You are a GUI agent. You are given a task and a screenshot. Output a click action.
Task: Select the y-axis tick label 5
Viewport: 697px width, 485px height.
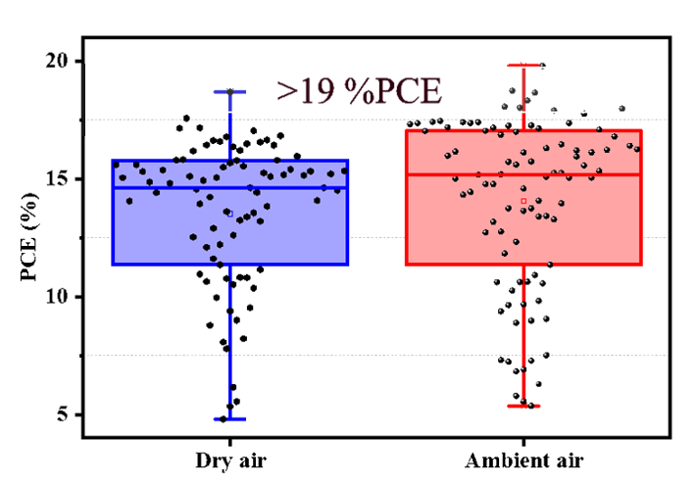click(x=61, y=414)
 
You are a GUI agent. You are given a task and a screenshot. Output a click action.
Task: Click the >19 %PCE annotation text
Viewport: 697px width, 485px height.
click(x=359, y=90)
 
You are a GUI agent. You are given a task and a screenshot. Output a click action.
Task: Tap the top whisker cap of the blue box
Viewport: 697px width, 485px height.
click(x=230, y=92)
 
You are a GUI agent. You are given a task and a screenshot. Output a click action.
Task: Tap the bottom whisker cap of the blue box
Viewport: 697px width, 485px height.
click(x=230, y=419)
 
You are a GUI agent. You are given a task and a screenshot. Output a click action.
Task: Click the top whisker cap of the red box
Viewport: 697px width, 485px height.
click(x=523, y=65)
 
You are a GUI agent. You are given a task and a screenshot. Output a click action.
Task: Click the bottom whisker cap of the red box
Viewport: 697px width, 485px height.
click(x=523, y=406)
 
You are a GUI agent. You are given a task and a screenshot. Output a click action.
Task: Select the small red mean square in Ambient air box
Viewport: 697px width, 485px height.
click(x=523, y=201)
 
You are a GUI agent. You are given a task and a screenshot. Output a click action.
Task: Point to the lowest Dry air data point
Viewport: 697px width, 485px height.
click(x=224, y=418)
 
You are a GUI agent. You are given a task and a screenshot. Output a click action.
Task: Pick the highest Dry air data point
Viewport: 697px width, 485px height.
click(x=231, y=92)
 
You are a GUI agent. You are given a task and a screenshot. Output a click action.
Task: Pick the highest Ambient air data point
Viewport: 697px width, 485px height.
click(x=542, y=67)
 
